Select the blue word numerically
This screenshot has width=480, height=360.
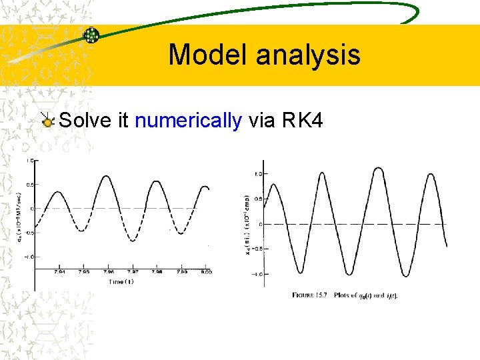(x=188, y=121)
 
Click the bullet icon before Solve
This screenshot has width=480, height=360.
(x=47, y=121)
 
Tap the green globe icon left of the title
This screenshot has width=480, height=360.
(x=91, y=36)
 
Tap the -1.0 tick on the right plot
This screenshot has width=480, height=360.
(x=254, y=274)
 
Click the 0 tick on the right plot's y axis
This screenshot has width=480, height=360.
(x=260, y=224)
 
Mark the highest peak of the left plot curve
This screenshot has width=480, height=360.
(x=107, y=175)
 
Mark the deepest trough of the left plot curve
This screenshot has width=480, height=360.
(x=133, y=241)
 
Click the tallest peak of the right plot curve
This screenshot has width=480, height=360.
(x=378, y=168)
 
